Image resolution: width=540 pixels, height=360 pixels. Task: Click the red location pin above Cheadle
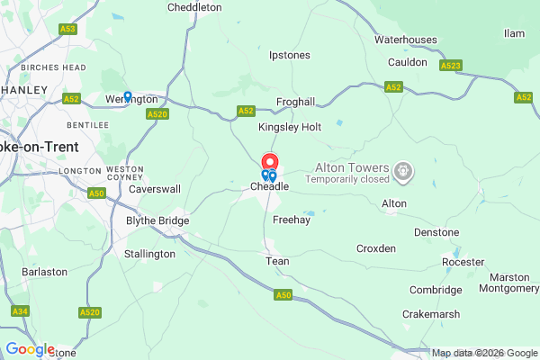click(x=270, y=164)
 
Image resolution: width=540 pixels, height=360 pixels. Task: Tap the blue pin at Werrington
click(x=128, y=96)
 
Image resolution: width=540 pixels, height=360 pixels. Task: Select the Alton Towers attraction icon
click(x=404, y=169)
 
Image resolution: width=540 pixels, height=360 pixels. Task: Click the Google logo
click(x=30, y=349)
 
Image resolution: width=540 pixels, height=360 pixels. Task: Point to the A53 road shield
click(x=68, y=29)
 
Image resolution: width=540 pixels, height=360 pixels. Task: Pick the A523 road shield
click(x=452, y=66)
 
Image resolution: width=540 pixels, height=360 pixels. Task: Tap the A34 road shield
click(x=20, y=310)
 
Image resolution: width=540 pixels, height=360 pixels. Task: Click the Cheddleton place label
click(x=194, y=7)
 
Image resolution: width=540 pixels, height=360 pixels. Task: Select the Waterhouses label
click(x=406, y=40)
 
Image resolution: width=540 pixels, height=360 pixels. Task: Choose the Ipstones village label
click(x=290, y=56)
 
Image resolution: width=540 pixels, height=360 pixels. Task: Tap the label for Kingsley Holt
click(x=290, y=128)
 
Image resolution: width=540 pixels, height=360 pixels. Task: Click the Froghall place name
click(x=294, y=103)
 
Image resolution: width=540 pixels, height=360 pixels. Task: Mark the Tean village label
click(x=276, y=261)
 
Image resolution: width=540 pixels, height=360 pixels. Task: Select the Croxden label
click(x=376, y=248)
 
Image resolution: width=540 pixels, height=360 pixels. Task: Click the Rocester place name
click(x=463, y=262)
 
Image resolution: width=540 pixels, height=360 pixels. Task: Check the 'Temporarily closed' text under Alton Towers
click(x=346, y=179)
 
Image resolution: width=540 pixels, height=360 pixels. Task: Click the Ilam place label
click(x=515, y=33)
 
